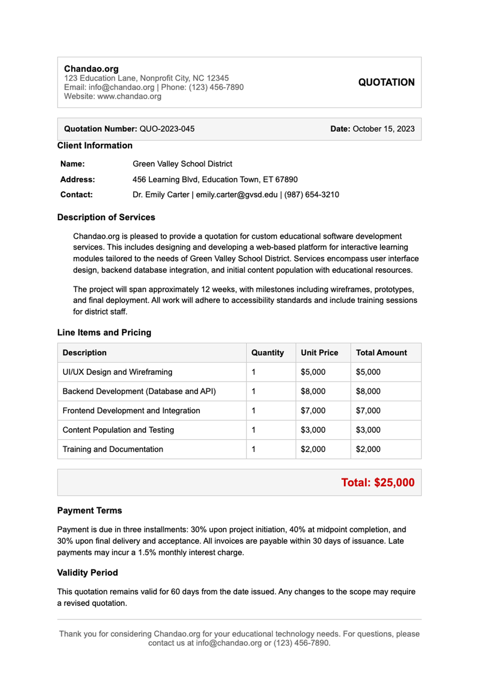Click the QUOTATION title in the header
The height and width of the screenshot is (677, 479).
[x=386, y=82]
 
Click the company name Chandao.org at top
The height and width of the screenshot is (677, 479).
[x=91, y=69]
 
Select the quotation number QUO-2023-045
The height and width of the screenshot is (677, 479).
[x=167, y=129]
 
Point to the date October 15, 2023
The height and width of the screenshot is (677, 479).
[x=383, y=129]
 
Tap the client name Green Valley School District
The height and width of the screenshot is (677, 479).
[x=182, y=164]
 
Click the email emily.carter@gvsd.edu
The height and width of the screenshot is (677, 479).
[x=237, y=195]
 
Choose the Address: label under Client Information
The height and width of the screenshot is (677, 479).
[x=77, y=180]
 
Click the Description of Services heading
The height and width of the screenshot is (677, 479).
[x=106, y=217]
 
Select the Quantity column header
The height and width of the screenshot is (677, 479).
[x=267, y=353]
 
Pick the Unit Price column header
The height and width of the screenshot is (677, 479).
[x=319, y=353]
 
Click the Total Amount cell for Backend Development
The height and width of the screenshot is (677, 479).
[x=368, y=391]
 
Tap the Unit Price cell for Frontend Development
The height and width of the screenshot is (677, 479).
[x=313, y=411]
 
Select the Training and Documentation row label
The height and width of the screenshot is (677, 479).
[x=113, y=449]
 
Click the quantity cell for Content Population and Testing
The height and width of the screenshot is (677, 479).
[x=254, y=430]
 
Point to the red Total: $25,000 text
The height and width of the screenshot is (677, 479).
[x=378, y=483]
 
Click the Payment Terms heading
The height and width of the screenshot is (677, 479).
[x=89, y=511]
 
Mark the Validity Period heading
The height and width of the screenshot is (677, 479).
[x=87, y=573]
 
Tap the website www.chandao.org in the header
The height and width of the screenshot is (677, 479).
[x=129, y=96]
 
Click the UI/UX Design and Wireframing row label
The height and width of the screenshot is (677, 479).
[x=117, y=372]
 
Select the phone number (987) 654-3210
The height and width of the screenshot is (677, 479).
[x=312, y=195]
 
